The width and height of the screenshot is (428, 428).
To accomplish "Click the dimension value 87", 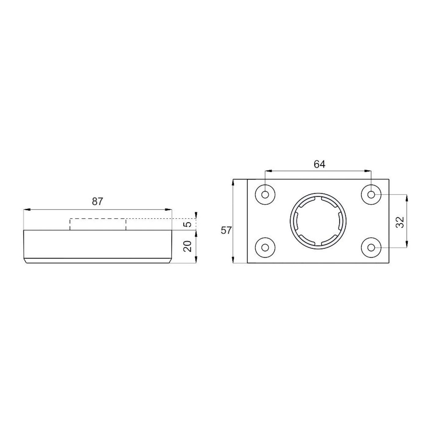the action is pyautogui.click(x=98, y=201).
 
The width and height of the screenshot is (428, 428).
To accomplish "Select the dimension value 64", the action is pyautogui.click(x=319, y=164).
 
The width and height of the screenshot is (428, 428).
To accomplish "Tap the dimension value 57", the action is pyautogui.click(x=226, y=230).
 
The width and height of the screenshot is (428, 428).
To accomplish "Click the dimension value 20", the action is pyautogui.click(x=188, y=246).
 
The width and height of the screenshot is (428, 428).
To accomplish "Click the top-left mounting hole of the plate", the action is pyautogui.click(x=265, y=195).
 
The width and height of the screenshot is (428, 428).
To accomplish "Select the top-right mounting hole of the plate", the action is pyautogui.click(x=371, y=195).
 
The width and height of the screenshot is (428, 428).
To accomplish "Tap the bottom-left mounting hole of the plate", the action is pyautogui.click(x=265, y=247).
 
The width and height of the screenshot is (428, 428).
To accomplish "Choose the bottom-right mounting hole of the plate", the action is pyautogui.click(x=371, y=247).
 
